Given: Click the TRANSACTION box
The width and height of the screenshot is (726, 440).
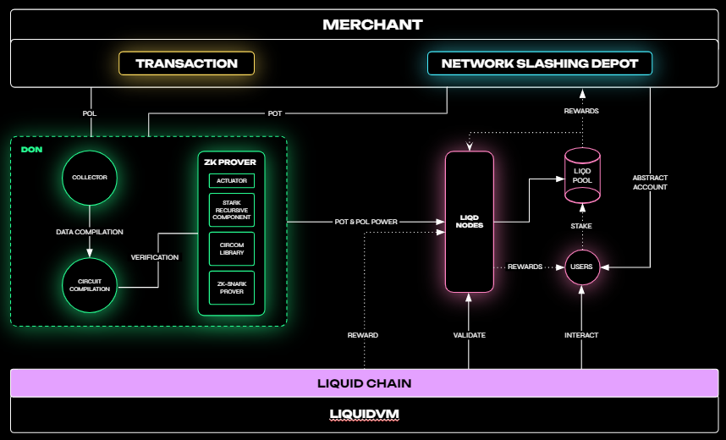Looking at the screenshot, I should [186, 63].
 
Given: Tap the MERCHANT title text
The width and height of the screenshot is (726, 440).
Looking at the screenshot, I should [372, 25].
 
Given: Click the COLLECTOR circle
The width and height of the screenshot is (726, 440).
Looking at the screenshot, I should [90, 178].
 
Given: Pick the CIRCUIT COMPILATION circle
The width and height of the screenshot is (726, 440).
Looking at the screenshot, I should [90, 284].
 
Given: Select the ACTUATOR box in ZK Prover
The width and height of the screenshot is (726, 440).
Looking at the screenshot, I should [231, 180].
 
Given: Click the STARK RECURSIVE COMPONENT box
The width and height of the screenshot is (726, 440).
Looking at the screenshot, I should [231, 210].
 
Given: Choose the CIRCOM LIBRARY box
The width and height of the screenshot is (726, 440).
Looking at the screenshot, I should [231, 249].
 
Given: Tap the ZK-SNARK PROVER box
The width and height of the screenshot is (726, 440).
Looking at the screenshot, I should [231, 288].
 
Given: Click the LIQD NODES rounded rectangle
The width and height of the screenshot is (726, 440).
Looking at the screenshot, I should [469, 222].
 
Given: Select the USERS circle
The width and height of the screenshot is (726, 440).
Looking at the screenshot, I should [582, 267].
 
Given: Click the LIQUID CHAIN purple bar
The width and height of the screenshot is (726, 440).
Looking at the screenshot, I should [364, 383].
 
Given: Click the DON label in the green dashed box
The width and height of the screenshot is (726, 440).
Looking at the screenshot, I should [31, 150].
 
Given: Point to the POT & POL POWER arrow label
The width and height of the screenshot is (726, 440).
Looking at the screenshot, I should [366, 222].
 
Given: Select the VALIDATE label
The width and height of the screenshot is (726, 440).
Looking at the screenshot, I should [469, 335].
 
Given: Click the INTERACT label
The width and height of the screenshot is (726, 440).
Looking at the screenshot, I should [581, 335].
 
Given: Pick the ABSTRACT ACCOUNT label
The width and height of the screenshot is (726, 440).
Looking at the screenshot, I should [650, 183].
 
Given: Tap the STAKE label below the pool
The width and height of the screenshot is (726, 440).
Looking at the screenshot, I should [581, 226].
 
